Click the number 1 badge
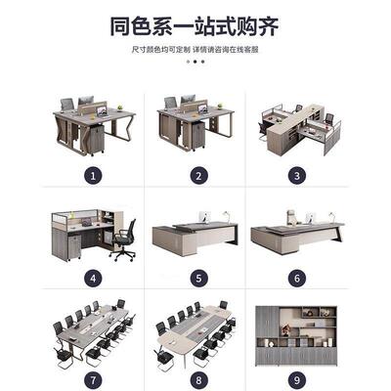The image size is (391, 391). (x=93, y=176)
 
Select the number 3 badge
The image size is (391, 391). (x=296, y=176)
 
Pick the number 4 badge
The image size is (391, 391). (x=93, y=280)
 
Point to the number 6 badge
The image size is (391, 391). (x=296, y=280)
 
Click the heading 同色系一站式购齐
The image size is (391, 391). (x=195, y=25)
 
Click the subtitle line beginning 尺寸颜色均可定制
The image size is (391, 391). (x=195, y=48)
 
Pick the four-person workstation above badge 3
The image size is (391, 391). (x=297, y=127)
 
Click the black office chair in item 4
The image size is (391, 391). (x=123, y=238)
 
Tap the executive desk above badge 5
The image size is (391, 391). (x=195, y=235)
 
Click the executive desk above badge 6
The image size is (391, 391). (x=297, y=235)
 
